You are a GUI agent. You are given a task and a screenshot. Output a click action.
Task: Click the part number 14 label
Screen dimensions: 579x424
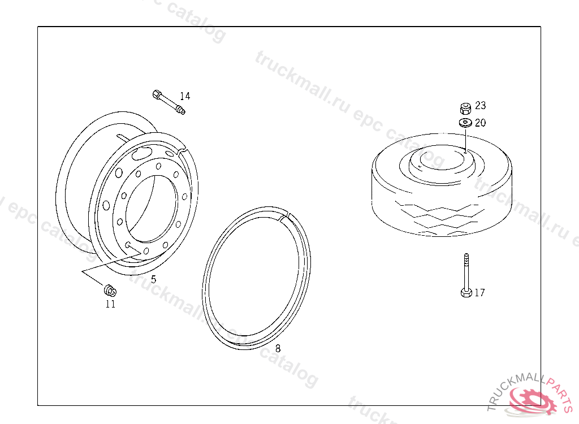point(185,96)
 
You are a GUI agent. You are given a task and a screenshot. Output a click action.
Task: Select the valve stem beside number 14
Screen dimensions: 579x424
point(168,102)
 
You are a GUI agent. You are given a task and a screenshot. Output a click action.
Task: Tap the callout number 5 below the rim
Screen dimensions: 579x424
point(154,279)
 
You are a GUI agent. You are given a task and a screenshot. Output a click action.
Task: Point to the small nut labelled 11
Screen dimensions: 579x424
point(110,291)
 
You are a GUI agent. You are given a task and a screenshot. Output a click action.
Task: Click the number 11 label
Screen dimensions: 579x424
point(110,304)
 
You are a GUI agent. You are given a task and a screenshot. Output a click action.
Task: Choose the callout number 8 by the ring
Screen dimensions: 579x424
point(278,348)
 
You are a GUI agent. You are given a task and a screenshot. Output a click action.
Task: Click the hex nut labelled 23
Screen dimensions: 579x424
point(466,108)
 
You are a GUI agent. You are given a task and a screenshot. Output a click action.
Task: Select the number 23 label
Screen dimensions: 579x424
point(481,106)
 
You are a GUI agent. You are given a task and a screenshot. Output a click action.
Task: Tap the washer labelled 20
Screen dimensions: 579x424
point(465,123)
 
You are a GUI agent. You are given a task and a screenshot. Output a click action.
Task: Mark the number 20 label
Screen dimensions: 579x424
point(481,123)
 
